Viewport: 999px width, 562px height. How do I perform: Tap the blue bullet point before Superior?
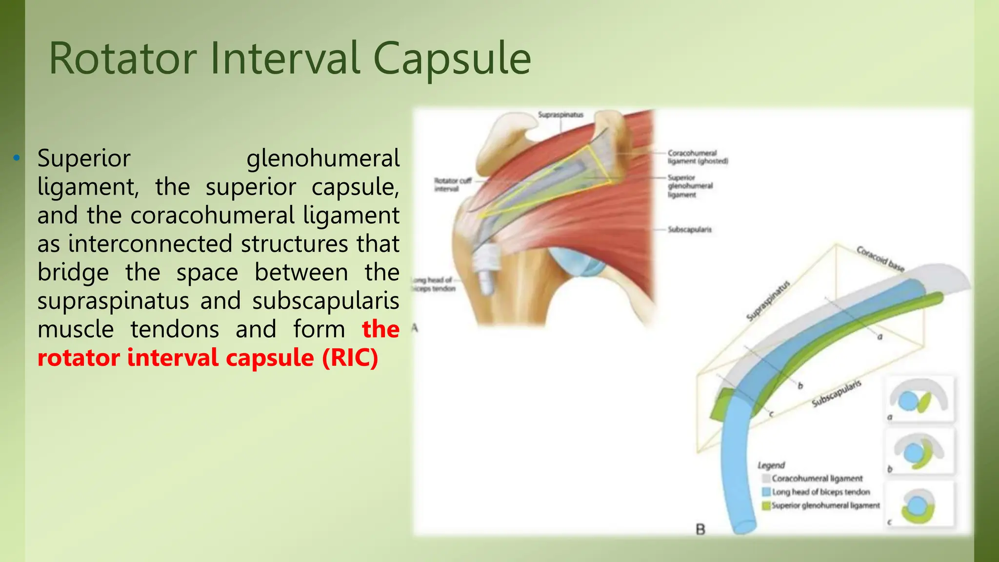(17, 158)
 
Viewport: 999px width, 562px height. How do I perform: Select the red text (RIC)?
(350, 358)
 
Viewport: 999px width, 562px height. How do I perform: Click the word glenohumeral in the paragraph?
(323, 159)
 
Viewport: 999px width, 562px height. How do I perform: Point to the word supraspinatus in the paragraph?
(113, 301)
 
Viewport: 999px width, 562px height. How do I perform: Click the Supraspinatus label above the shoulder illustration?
(560, 115)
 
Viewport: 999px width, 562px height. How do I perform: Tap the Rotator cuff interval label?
(452, 184)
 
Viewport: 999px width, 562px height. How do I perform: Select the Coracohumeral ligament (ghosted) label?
(698, 157)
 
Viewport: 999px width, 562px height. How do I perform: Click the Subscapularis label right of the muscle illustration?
(689, 229)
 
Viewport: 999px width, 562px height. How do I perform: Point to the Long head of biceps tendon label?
(434, 284)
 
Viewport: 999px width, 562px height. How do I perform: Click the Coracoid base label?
(880, 259)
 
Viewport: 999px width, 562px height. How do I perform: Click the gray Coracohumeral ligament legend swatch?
(766, 479)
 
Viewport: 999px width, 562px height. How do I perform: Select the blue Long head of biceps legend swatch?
(766, 492)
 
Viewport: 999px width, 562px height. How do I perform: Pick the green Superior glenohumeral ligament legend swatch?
(766, 505)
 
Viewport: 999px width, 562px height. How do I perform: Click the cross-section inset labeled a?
(919, 399)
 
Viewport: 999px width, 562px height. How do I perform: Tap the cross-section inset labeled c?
(919, 505)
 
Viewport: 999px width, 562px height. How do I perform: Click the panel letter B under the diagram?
(700, 529)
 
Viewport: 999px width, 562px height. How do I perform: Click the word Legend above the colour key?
(771, 465)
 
